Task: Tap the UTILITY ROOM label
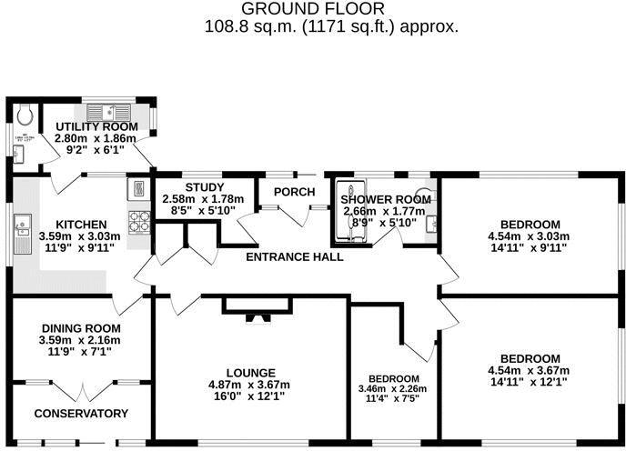click(96, 126)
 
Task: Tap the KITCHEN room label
click(81, 224)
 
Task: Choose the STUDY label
click(198, 187)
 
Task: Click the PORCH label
click(295, 192)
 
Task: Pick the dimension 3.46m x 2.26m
click(393, 389)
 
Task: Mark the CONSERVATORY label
click(81, 414)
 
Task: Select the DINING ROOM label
click(81, 328)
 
